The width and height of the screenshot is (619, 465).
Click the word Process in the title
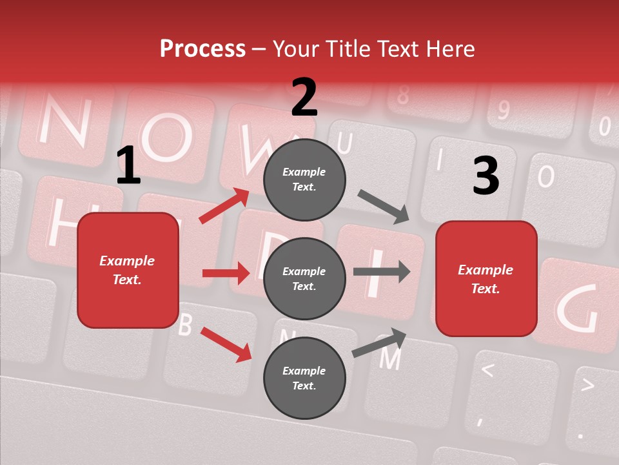(202, 49)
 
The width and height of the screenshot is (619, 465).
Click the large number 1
(128, 166)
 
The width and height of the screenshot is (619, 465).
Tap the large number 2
(304, 98)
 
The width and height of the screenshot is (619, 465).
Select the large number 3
(486, 176)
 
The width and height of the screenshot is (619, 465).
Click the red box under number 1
(128, 270)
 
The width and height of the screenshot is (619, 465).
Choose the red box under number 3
(486, 279)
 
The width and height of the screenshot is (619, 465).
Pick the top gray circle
(304, 180)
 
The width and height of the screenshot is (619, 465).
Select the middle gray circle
(304, 278)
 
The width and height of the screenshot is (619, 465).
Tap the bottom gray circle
(304, 378)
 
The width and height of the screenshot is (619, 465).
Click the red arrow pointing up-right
(224, 206)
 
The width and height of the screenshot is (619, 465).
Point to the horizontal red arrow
(226, 273)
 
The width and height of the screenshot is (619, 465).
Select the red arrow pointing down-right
(226, 344)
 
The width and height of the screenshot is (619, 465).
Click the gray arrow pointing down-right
(384, 207)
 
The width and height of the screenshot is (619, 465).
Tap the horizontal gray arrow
(382, 271)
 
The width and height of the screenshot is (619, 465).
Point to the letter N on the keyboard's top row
(63, 123)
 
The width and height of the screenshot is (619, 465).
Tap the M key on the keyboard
(389, 358)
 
